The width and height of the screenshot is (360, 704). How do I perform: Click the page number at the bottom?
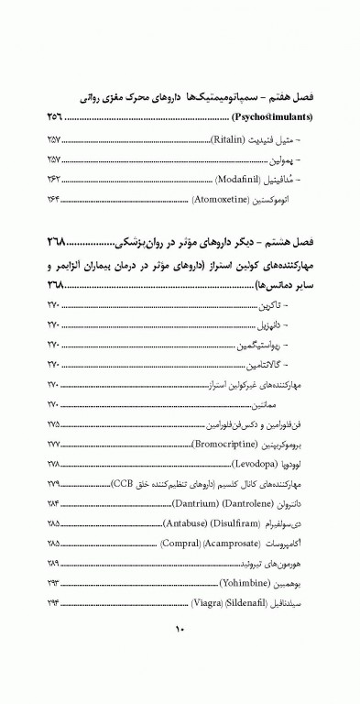point(180,654)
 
